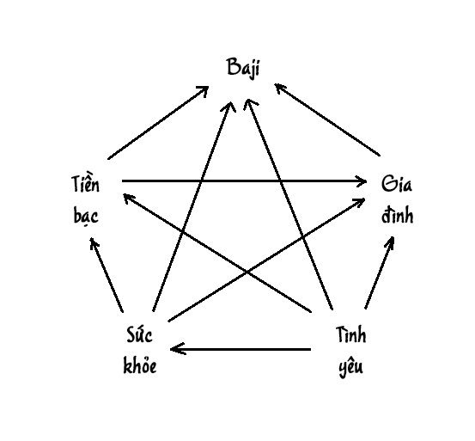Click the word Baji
243,68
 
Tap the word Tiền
85,183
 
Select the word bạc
86,217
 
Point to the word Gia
397,184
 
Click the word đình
397,215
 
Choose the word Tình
350,334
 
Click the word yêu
350,366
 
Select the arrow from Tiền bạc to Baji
158,122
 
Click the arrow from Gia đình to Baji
327,119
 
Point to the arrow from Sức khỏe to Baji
194,206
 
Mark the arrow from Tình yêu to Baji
290,205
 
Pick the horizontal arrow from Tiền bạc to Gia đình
244,181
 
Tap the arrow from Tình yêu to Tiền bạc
217,253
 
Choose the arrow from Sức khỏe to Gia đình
266,260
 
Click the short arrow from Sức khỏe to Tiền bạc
107,275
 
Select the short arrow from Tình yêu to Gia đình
380,273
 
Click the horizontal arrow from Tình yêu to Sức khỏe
241,349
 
